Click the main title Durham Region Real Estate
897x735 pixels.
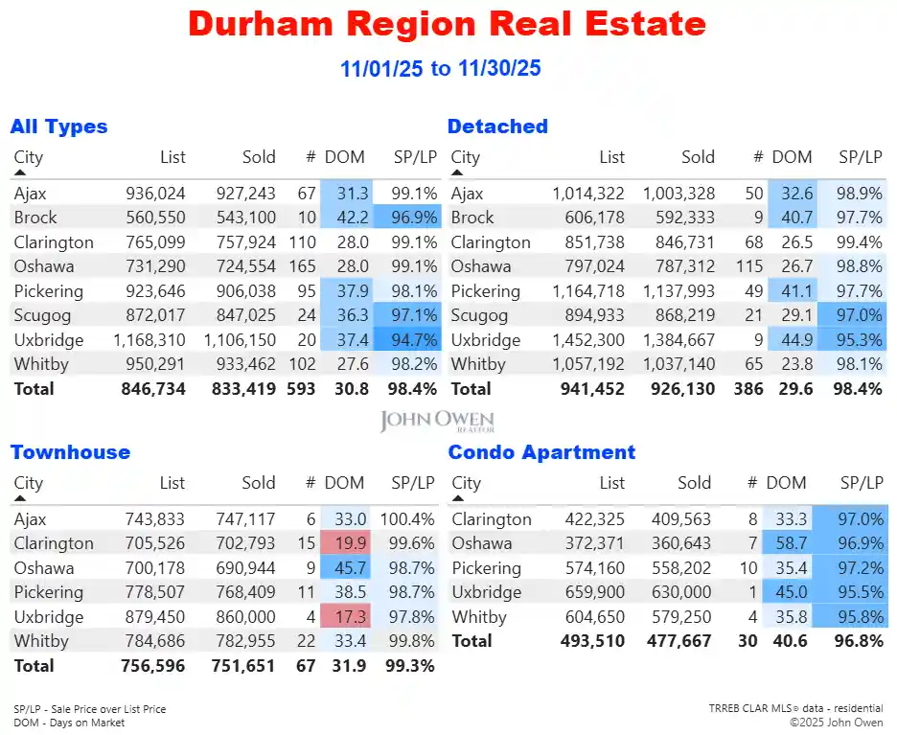[x=448, y=24]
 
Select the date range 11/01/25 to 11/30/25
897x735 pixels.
[x=440, y=69]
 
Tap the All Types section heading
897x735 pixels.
[x=58, y=126]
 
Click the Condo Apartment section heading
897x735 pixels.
[x=542, y=452]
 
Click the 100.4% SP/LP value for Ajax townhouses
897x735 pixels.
[x=409, y=519]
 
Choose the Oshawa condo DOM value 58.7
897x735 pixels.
[x=785, y=543]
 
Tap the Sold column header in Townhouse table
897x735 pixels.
[x=258, y=483]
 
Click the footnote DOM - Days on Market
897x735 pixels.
[x=69, y=723]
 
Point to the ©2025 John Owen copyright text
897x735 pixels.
[x=836, y=723]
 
